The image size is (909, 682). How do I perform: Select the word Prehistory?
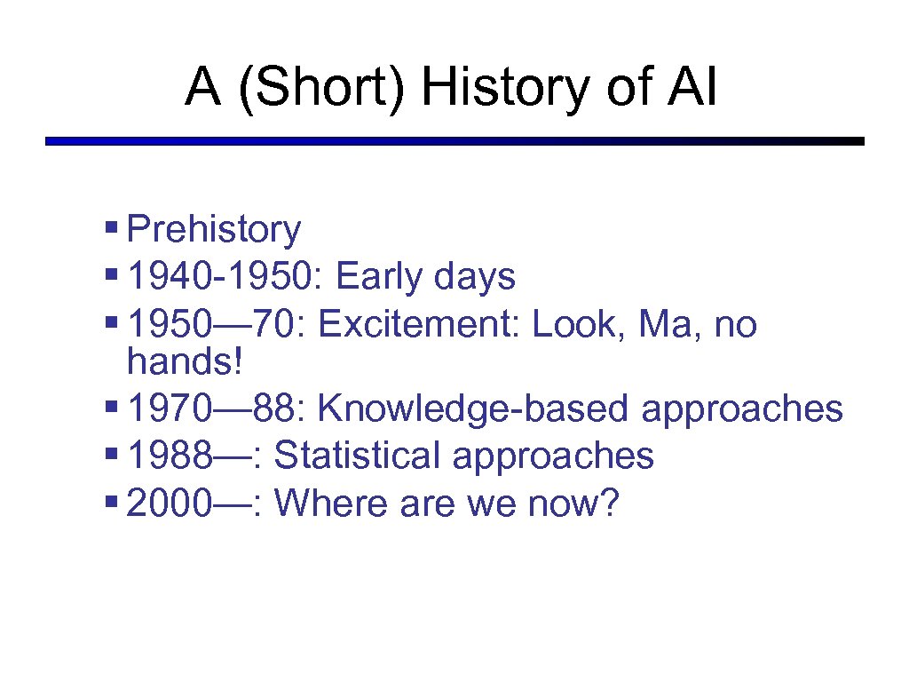pyautogui.click(x=214, y=230)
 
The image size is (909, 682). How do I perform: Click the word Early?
pyautogui.click(x=380, y=278)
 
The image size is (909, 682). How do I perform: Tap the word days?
pyautogui.click(x=475, y=278)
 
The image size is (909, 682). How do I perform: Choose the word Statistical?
pyautogui.click(x=357, y=456)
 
